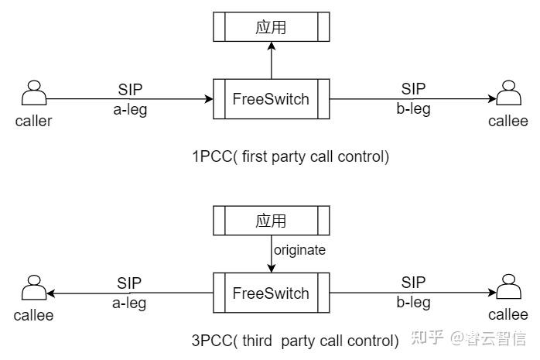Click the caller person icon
(33, 94)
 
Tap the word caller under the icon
(33, 121)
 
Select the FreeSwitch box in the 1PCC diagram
(271, 99)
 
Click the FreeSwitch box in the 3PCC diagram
(271, 293)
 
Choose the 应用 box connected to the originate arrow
(271, 221)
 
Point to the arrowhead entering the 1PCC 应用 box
(271, 46)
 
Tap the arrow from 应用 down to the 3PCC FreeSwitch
(271, 255)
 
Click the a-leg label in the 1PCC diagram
(129, 109)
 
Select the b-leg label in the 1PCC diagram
(413, 109)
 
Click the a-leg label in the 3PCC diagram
(129, 303)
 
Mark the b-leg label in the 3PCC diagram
(413, 303)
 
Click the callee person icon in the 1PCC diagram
(508, 94)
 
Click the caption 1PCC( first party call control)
(290, 157)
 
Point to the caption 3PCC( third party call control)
(295, 339)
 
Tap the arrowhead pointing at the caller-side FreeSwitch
(209, 99)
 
